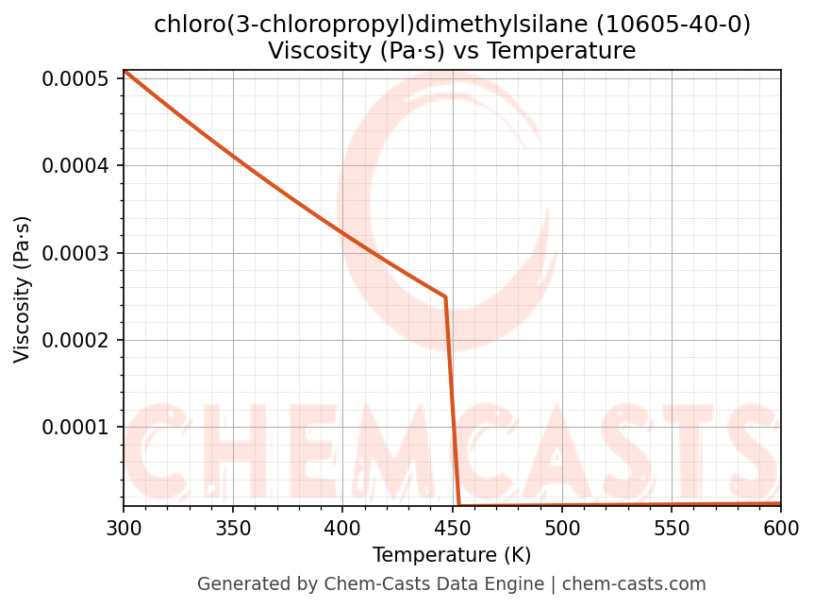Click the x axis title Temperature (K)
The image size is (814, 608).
pyautogui.click(x=452, y=555)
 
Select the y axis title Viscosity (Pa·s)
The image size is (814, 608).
pyautogui.click(x=23, y=289)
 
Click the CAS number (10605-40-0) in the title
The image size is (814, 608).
pyautogui.click(x=673, y=25)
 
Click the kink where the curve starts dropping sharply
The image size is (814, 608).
pyautogui.click(x=445, y=297)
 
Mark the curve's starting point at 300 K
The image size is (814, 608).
pyautogui.click(x=124, y=71)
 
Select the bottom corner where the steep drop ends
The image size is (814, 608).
pyautogui.click(x=459, y=505)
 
